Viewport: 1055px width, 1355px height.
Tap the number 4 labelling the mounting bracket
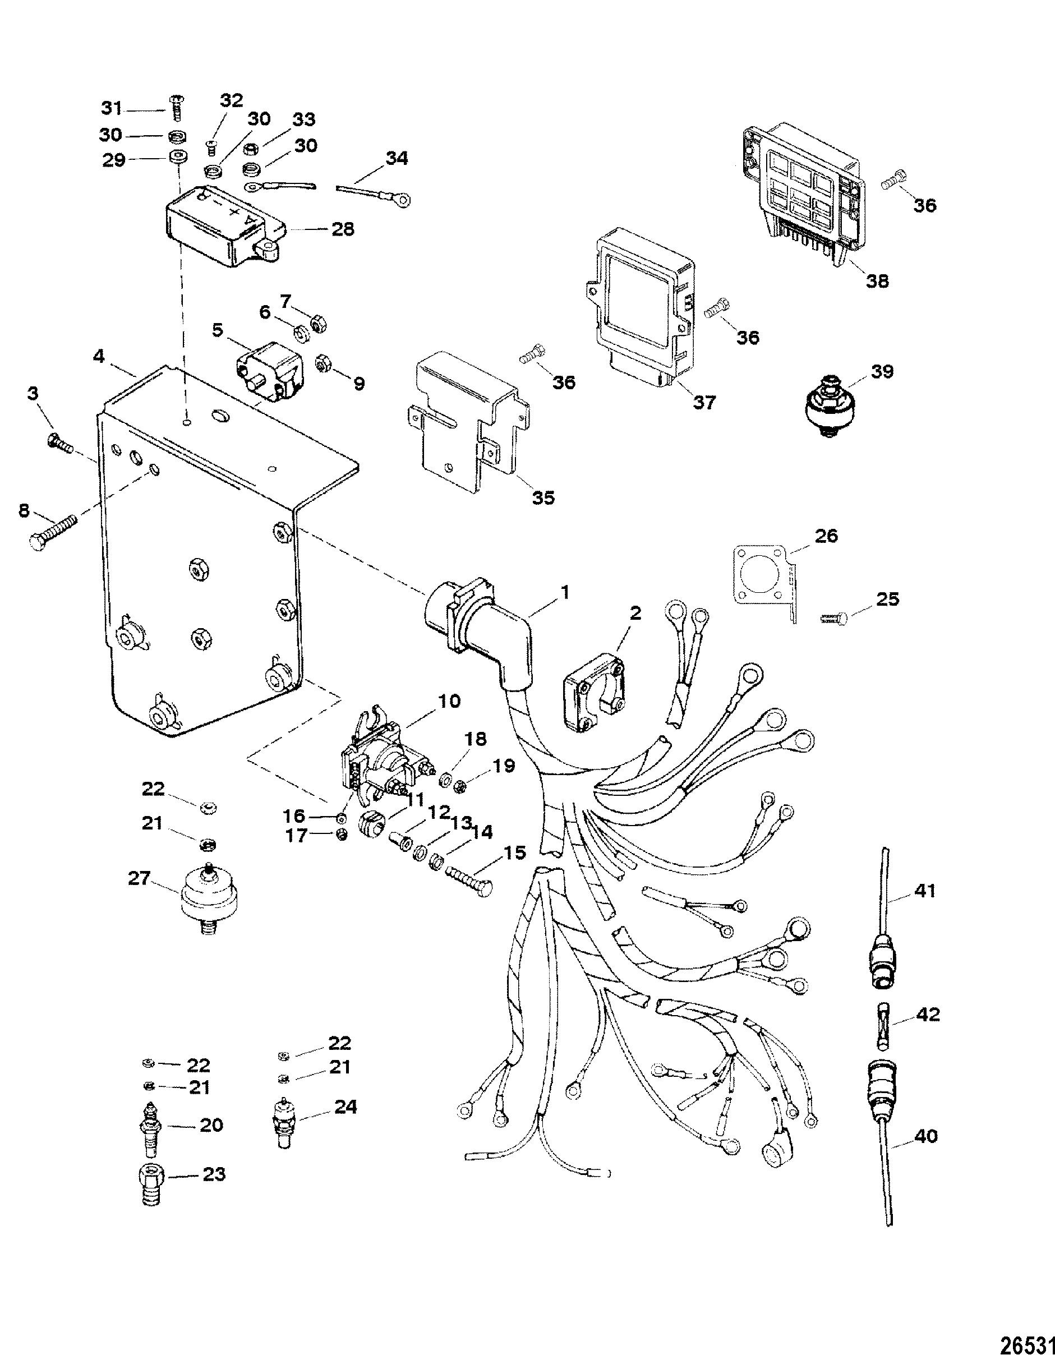99,358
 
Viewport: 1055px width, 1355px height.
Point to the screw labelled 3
59,443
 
